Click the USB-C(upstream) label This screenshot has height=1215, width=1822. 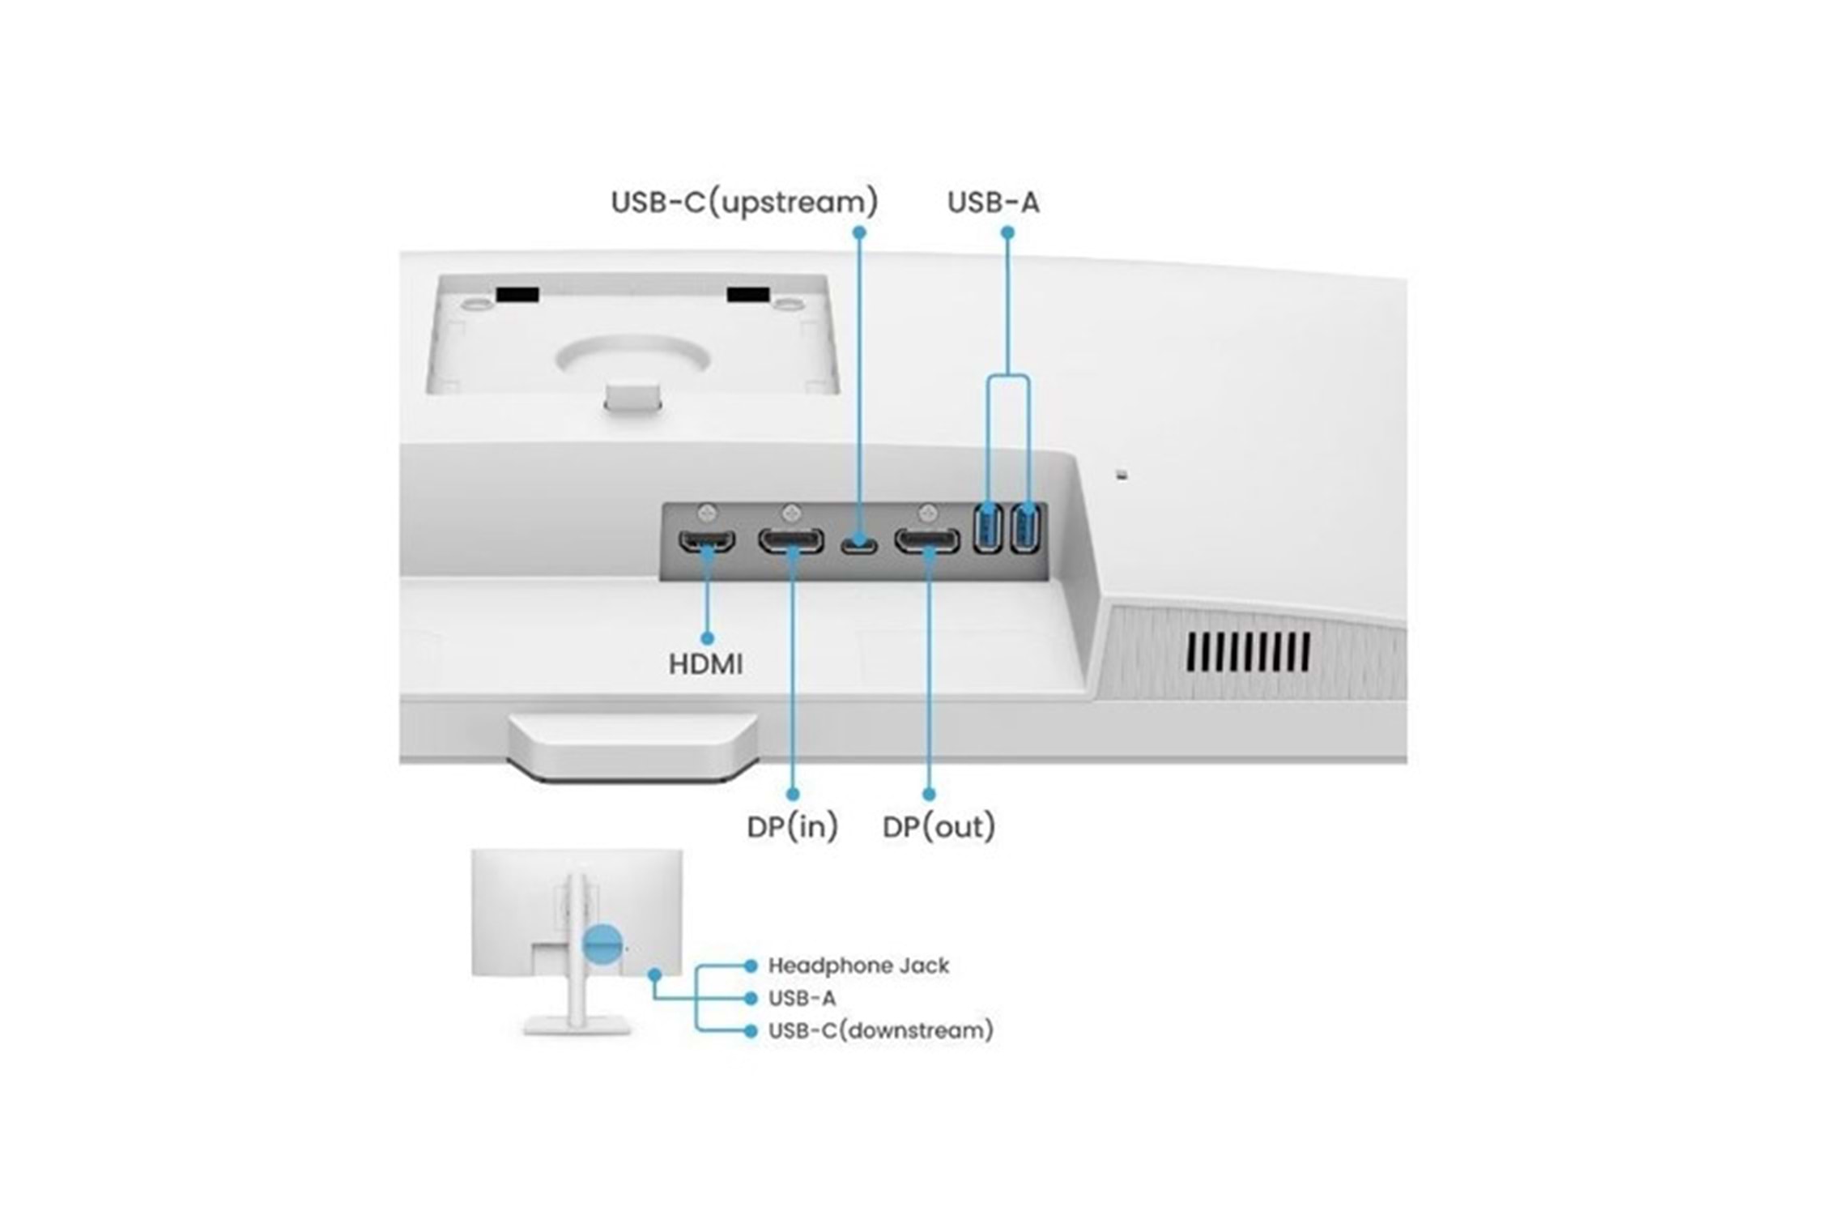click(x=744, y=202)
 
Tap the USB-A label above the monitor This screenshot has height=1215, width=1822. click(x=993, y=202)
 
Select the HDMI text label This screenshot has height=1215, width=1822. click(x=705, y=664)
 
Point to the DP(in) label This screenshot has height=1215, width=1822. click(x=792, y=827)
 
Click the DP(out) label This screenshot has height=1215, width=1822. click(x=939, y=827)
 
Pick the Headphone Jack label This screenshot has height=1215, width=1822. click(x=858, y=966)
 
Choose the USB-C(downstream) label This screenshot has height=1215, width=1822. click(x=880, y=1030)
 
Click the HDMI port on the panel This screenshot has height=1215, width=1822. click(x=706, y=541)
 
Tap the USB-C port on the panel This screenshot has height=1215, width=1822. click(x=858, y=544)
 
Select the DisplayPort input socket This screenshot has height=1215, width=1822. click(x=791, y=541)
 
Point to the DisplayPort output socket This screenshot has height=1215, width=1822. click(x=927, y=541)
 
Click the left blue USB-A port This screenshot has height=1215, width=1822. click(x=987, y=529)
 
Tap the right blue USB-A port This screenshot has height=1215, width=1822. click(x=1025, y=529)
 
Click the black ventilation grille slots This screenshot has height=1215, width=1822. click(x=1248, y=652)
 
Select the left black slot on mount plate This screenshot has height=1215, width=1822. click(x=517, y=294)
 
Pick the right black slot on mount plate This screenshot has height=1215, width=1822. click(x=747, y=293)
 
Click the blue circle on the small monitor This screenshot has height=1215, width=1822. click(x=603, y=944)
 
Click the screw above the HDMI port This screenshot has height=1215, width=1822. click(x=707, y=512)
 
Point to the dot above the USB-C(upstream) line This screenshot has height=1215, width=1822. click(x=859, y=232)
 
